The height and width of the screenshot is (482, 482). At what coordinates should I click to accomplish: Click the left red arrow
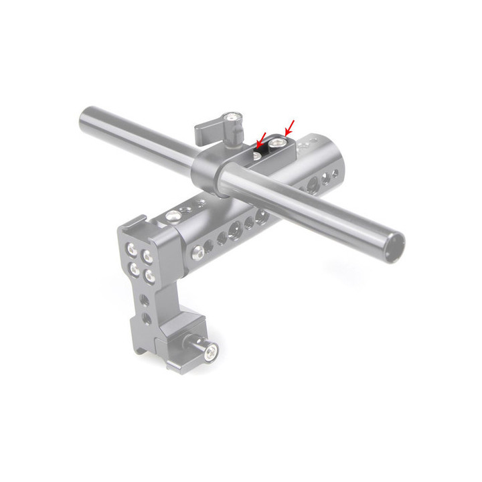coord(262,138)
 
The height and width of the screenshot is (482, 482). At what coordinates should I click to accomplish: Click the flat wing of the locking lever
coord(206,131)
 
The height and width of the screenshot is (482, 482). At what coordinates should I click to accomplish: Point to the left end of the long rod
coord(87,121)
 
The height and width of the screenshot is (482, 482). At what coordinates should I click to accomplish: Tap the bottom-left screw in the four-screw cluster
coord(135,270)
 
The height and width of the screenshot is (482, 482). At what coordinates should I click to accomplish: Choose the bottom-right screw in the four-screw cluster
coord(149,275)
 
